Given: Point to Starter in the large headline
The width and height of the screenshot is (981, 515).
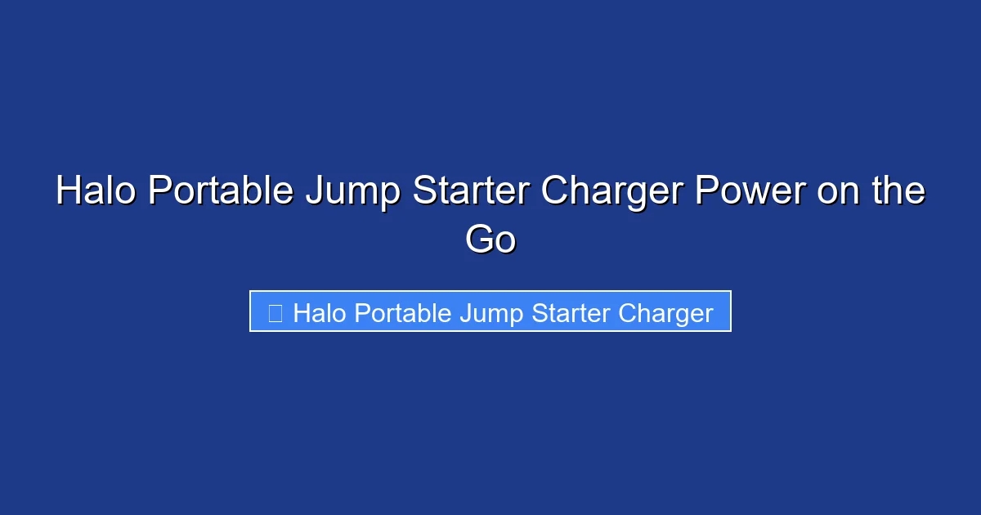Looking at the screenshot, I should tap(472, 191).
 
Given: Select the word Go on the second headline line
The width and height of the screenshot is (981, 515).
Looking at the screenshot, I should tap(490, 240).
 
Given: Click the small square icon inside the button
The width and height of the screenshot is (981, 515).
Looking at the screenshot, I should tap(275, 313).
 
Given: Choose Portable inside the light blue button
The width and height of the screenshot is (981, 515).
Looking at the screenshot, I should tap(387, 313).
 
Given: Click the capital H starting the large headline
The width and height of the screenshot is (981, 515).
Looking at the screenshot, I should tap(69, 191).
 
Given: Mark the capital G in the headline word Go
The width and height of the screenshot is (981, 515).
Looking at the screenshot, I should tap(479, 240).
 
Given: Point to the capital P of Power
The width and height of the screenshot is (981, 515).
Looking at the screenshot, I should tap(705, 191).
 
